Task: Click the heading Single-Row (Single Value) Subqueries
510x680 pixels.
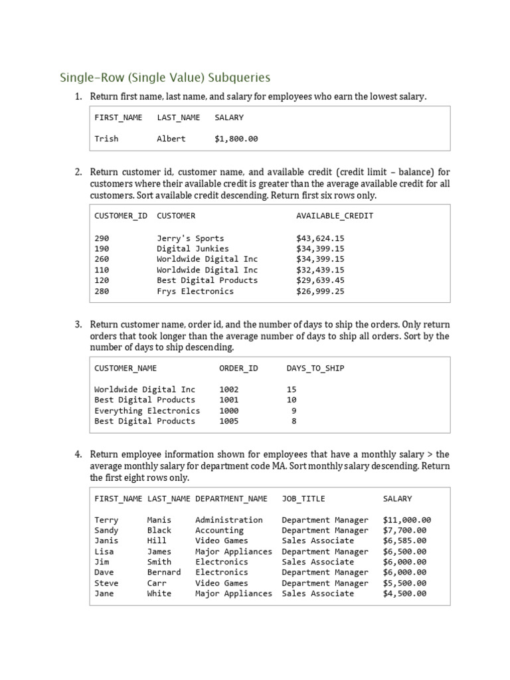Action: [165, 78]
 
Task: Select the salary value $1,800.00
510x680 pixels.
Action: [236, 139]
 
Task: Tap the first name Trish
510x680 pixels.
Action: [106, 139]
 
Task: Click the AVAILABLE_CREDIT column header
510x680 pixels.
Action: [335, 216]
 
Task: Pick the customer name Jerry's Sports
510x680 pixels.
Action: [190, 238]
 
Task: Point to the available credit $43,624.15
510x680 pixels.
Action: [320, 238]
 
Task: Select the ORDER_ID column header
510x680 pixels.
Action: [238, 368]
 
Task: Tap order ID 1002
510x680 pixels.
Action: [228, 389]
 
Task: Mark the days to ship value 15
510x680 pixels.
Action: [292, 389]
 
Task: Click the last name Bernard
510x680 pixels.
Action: [163, 572]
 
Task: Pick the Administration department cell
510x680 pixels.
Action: [228, 520]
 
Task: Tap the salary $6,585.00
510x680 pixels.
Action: [404, 541]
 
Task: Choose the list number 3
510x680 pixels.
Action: [78, 325]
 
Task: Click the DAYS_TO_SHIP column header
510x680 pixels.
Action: [315, 368]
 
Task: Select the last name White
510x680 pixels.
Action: [159, 594]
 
